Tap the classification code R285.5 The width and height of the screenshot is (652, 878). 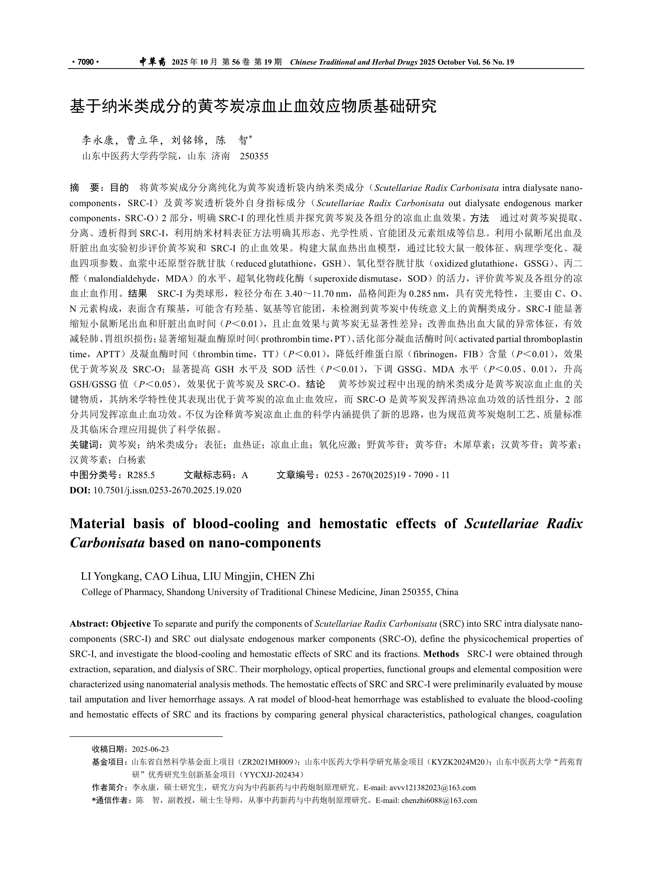click(x=141, y=475)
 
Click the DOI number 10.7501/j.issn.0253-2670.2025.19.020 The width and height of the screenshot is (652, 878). click(x=167, y=490)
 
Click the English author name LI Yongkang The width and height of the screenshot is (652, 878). click(x=111, y=576)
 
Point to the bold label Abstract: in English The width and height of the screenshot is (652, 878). click(x=89, y=624)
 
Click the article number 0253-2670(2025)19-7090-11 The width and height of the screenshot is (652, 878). click(x=387, y=475)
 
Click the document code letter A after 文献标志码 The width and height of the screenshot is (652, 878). click(x=245, y=475)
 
